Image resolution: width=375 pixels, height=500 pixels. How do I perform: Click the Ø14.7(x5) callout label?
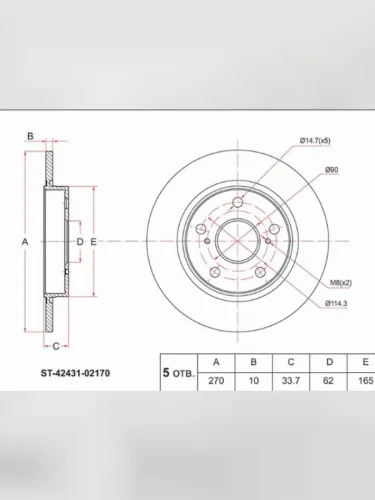click(315, 141)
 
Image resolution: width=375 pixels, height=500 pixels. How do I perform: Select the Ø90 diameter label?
click(331, 170)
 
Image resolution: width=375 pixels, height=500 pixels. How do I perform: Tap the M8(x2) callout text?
click(341, 283)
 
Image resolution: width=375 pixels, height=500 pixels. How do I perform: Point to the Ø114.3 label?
click(336, 303)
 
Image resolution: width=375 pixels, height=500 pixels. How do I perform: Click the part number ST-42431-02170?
click(75, 373)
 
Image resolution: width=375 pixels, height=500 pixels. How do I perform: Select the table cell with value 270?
click(216, 380)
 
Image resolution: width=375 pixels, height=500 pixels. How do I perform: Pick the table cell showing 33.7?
click(291, 380)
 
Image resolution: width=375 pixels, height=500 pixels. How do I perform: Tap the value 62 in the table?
click(328, 380)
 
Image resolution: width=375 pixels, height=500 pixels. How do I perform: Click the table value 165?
click(365, 380)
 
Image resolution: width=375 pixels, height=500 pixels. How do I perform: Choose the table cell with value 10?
click(254, 380)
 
